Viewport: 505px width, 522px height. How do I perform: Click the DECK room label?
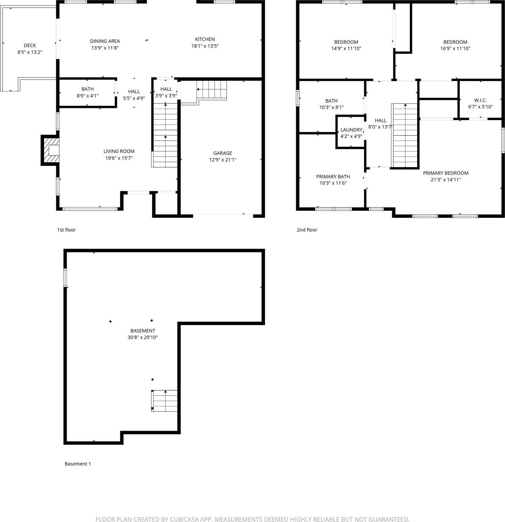(x=30, y=46)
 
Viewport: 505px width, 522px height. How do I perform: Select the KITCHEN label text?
(x=205, y=39)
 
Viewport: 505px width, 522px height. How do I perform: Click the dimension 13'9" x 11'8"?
(x=105, y=48)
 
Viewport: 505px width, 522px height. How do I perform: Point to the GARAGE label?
(x=223, y=153)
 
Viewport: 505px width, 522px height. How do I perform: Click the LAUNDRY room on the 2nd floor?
(x=351, y=133)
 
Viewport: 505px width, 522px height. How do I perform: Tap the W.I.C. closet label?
(x=480, y=100)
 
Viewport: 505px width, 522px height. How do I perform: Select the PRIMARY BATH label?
(x=333, y=177)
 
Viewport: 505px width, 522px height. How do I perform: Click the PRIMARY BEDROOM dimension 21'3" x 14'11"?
(x=446, y=180)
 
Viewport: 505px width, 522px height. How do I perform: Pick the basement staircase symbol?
(x=164, y=401)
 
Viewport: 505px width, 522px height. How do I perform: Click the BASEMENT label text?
(x=143, y=331)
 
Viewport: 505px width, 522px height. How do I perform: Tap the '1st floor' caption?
(x=66, y=230)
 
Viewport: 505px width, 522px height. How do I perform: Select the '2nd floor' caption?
(x=307, y=230)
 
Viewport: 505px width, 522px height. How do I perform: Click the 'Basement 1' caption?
(x=78, y=464)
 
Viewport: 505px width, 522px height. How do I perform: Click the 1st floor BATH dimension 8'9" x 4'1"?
(x=87, y=96)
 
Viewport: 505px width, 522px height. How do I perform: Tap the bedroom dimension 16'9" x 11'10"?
(x=455, y=48)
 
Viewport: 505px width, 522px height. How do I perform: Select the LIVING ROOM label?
(x=119, y=151)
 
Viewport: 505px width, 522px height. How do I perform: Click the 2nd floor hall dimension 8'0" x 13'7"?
(x=381, y=127)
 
